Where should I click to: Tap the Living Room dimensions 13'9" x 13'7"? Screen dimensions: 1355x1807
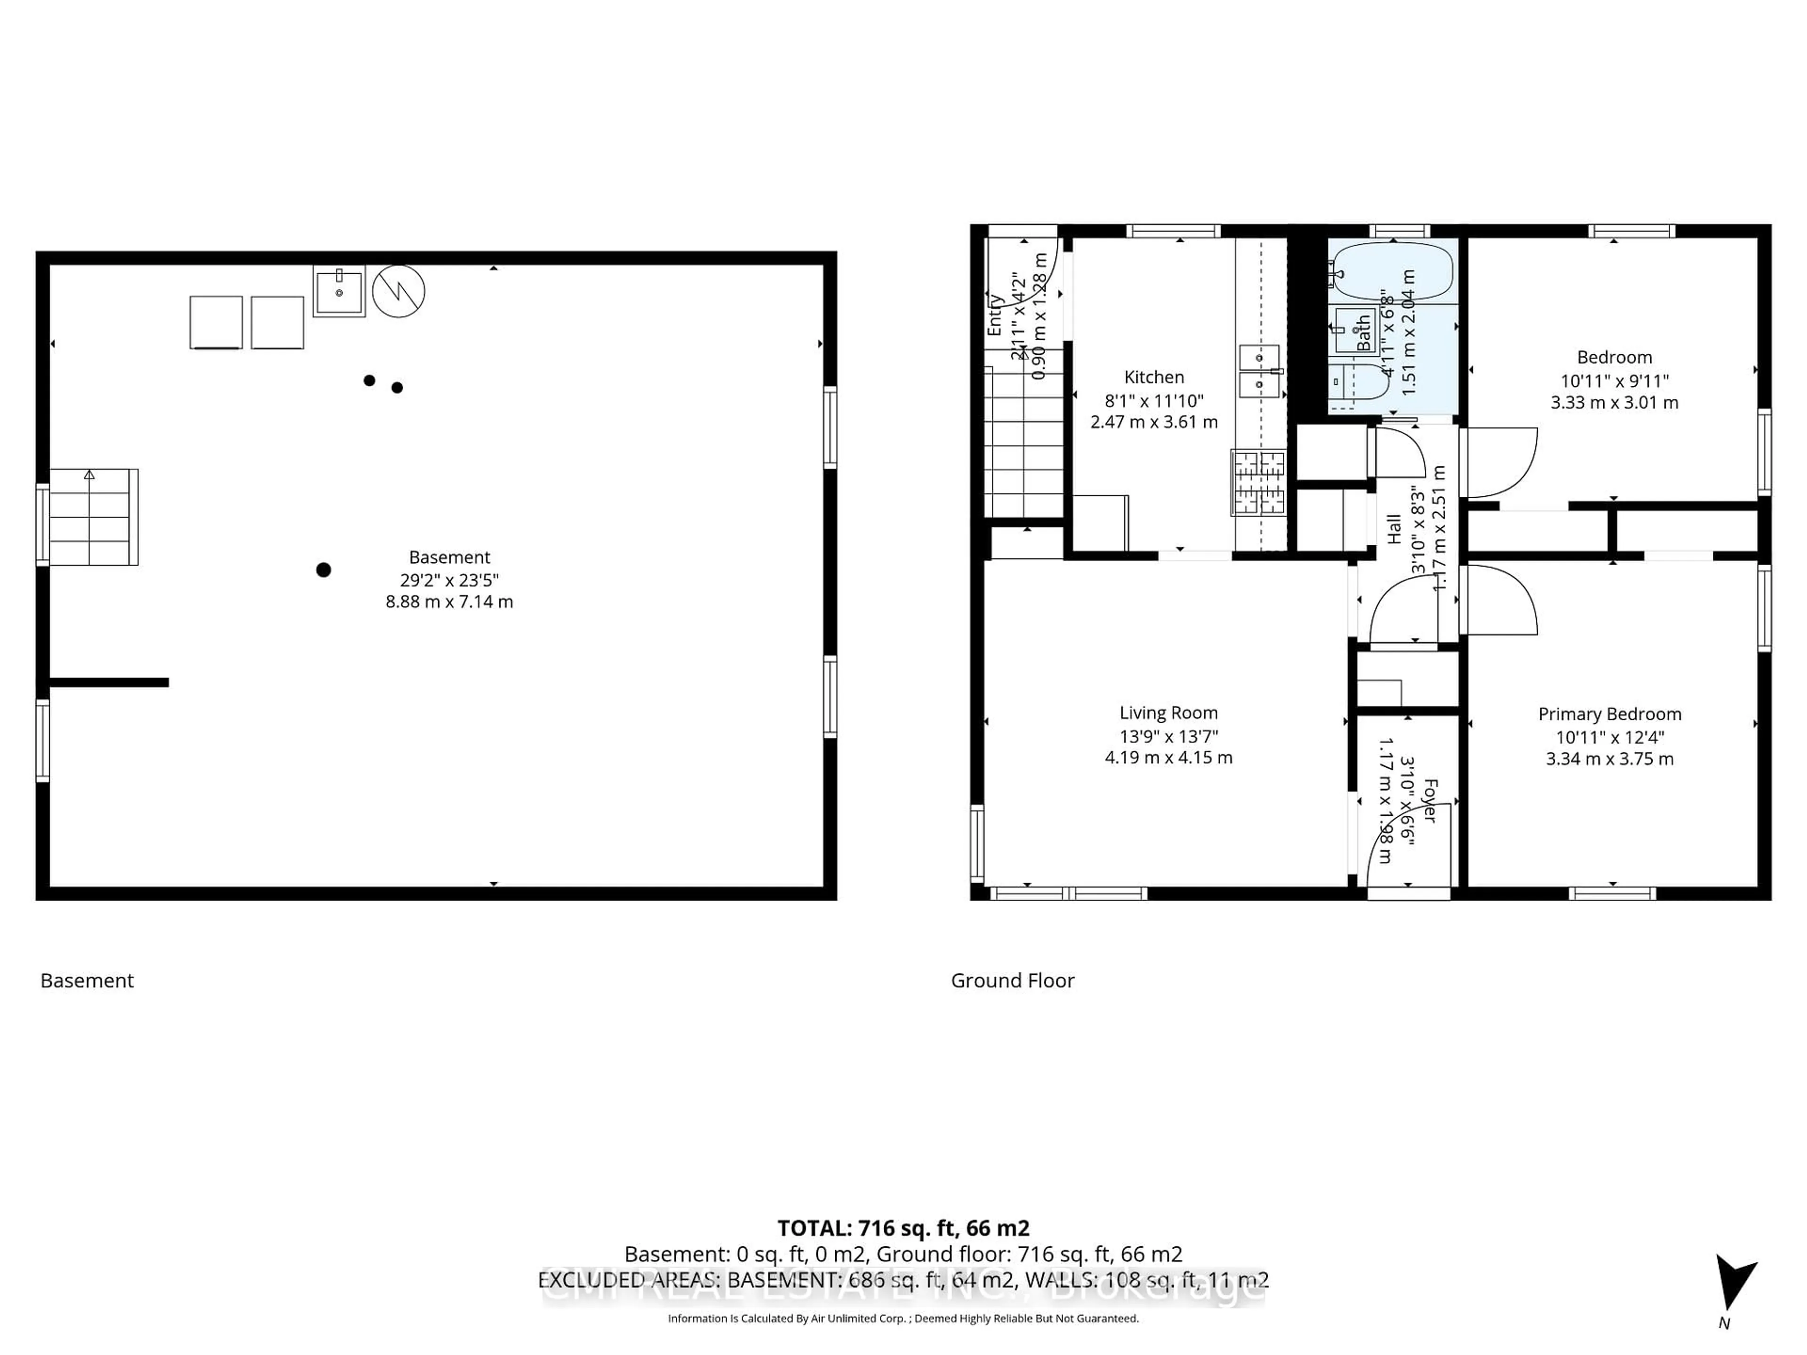(x=1168, y=736)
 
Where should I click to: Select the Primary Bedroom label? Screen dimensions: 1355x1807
(x=1609, y=714)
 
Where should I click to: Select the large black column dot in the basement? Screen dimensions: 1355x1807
(x=323, y=570)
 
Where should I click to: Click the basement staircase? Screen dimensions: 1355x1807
(x=91, y=517)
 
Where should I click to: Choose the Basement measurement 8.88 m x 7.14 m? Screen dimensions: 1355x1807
(x=449, y=602)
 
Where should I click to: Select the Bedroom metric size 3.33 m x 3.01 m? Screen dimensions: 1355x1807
(x=1614, y=403)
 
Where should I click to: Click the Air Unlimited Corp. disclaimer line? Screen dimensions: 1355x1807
(x=903, y=1318)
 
